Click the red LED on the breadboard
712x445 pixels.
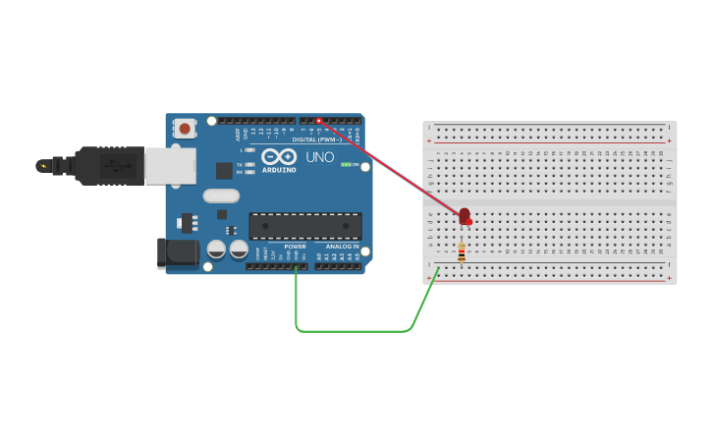coord(465,215)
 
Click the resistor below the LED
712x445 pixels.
coord(461,252)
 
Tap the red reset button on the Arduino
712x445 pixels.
coord(184,128)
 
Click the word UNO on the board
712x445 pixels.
coord(320,157)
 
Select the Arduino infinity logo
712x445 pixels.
coord(278,156)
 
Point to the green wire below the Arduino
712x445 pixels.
coord(354,331)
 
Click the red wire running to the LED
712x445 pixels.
coord(393,168)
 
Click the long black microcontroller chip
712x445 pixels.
coord(304,226)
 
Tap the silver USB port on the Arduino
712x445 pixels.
coord(170,165)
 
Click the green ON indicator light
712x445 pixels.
coord(345,164)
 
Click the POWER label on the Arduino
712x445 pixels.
coord(296,247)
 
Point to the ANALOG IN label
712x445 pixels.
coord(342,247)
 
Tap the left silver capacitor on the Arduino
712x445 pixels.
coord(216,250)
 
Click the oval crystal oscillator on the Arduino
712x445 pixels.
coord(221,195)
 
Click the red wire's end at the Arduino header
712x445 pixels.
coord(319,121)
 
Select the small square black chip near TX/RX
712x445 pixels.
coord(224,170)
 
